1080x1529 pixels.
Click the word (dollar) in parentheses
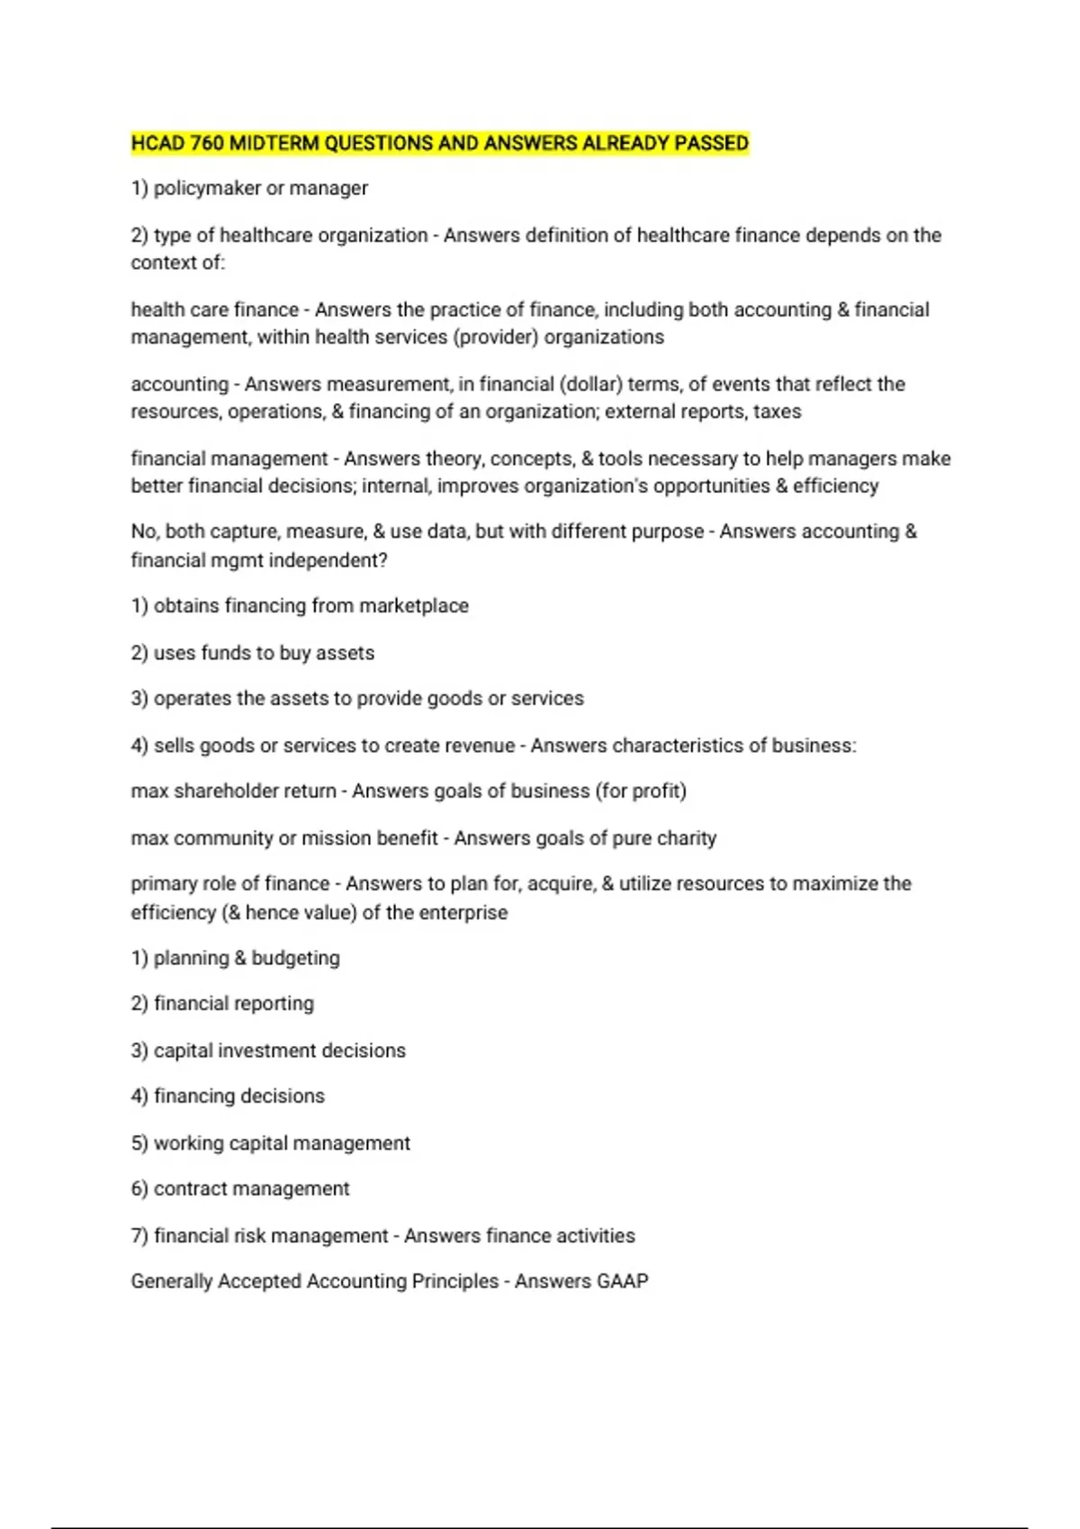point(590,384)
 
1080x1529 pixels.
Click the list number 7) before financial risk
point(139,1236)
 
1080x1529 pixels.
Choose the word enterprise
point(464,912)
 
